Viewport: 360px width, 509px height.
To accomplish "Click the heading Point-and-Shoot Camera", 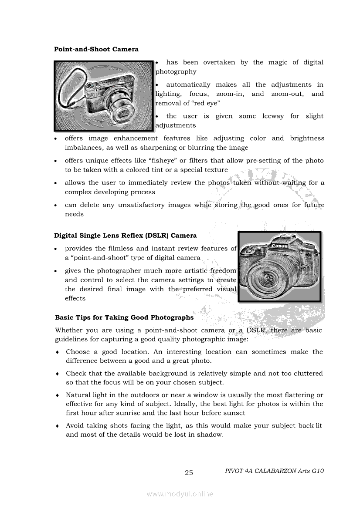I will [96, 49].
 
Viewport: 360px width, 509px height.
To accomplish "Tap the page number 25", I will [189, 473].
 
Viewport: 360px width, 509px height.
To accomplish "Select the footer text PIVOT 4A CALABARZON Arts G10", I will [274, 471].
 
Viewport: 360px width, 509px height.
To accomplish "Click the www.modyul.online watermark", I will [180, 494].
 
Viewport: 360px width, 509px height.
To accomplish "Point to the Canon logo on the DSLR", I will [280, 246].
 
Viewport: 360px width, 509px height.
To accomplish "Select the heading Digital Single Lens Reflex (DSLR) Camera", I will [125, 236].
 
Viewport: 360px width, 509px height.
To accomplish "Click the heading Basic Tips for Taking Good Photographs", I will [124, 317].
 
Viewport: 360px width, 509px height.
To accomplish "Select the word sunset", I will [234, 413].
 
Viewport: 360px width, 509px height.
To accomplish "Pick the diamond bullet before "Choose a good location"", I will [58, 352].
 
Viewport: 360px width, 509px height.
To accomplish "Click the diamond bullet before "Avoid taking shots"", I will [58, 426].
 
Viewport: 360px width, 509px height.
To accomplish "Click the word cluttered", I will [307, 373].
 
